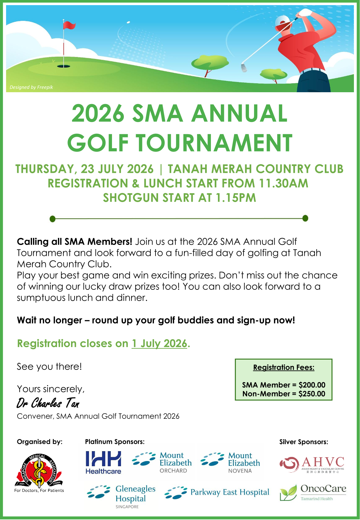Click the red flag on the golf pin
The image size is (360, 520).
tap(69, 25)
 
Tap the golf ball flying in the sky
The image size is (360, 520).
tap(128, 22)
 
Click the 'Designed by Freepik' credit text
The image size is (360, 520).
tap(31, 87)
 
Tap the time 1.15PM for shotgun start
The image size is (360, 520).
tap(236, 198)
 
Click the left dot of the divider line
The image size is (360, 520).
tap(53, 219)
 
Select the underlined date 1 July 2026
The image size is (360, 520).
tap(159, 344)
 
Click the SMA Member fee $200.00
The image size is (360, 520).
tap(312, 385)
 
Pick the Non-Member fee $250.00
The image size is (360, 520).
tap(312, 394)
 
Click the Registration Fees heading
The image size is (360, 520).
tap(284, 368)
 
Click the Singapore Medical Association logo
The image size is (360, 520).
tap(39, 471)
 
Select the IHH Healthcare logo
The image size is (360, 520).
tap(103, 462)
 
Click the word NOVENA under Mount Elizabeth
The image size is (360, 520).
tap(240, 471)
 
